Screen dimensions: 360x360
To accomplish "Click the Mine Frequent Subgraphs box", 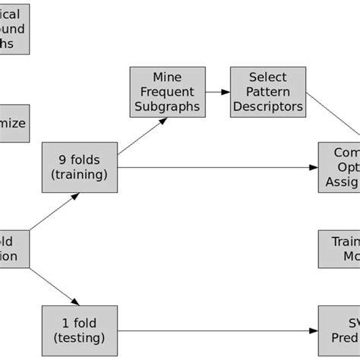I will (x=167, y=92).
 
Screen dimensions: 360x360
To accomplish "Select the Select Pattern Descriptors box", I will (x=267, y=92).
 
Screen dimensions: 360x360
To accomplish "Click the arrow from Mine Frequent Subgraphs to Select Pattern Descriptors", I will (x=217, y=92).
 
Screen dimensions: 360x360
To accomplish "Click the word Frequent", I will (x=167, y=92).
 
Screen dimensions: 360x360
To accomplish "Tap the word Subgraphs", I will (x=167, y=106).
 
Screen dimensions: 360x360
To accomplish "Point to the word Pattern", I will (x=267, y=92).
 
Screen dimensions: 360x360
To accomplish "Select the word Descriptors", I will (x=267, y=106).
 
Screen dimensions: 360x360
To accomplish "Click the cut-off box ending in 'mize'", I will (x=15, y=123).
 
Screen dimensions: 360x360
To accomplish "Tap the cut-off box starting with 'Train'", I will (x=339, y=249).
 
